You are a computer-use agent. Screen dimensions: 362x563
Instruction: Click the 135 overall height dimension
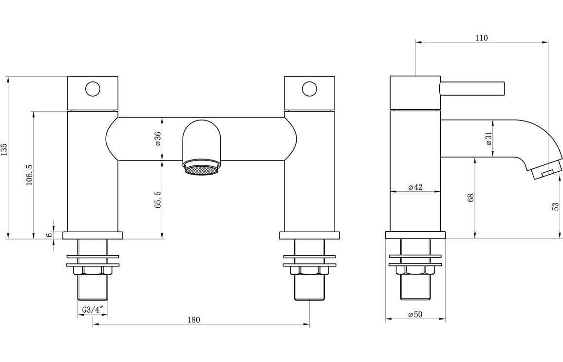pos(4,149)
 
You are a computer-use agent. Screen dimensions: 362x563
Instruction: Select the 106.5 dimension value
pos(29,174)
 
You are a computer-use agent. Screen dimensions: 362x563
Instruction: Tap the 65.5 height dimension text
pos(158,200)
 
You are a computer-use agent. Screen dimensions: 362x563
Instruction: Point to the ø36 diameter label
pos(158,139)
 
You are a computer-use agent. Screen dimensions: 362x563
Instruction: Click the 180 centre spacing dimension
pos(193,320)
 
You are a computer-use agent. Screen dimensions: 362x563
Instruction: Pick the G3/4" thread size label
pos(92,310)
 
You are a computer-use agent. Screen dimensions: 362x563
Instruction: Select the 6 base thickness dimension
pos(49,235)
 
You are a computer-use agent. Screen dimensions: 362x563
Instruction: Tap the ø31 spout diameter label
pos(488,139)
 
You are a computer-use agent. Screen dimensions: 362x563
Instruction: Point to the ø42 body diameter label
pos(415,187)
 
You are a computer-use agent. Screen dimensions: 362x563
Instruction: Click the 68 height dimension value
pos(471,198)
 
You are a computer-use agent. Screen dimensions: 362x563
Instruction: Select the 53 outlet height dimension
pos(556,206)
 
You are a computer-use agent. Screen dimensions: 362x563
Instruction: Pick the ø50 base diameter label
pos(415,315)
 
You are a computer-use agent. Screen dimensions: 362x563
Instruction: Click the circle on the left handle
pos(93,89)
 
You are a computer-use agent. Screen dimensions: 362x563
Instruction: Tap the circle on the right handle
pos(309,89)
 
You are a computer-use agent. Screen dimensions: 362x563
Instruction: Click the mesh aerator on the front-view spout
pos(201,169)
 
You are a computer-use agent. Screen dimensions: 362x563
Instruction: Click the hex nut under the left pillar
pos(93,270)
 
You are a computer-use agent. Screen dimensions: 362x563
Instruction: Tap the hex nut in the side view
pos(415,270)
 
